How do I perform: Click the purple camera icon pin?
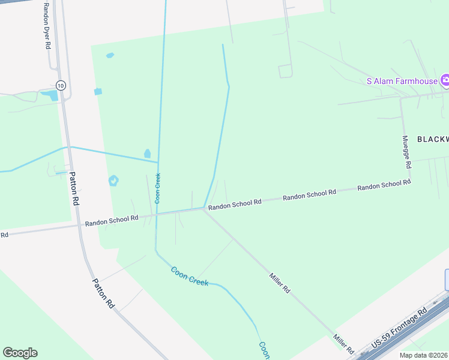445,80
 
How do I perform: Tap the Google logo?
20,353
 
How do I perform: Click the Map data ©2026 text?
424,355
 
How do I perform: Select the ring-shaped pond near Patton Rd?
113,180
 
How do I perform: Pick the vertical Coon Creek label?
158,188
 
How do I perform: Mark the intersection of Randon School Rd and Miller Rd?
204,209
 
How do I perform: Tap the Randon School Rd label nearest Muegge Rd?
384,185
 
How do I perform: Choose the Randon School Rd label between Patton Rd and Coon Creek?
112,220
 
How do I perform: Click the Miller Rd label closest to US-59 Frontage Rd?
343,344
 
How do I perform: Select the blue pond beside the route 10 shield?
53,95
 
